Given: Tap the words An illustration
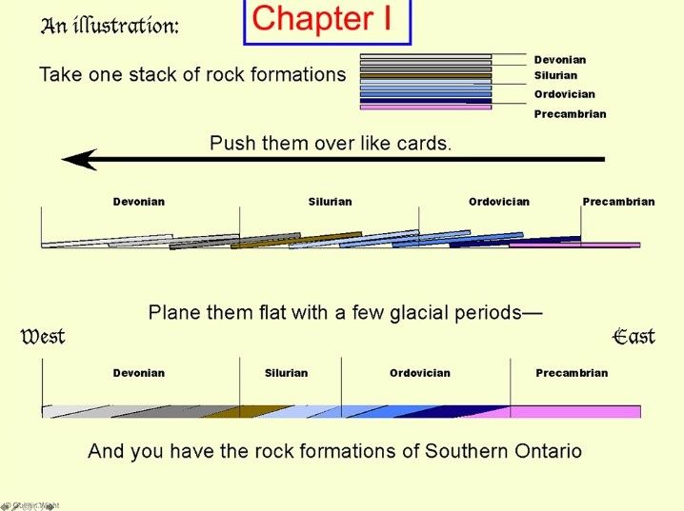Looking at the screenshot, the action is (x=109, y=26).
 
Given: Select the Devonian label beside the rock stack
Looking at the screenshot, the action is (x=560, y=60).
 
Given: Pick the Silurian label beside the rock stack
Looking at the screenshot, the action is (x=555, y=75).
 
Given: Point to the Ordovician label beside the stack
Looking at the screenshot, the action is (x=564, y=94).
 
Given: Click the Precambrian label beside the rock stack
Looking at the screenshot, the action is (x=570, y=114).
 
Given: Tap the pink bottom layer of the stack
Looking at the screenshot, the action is (x=425, y=108).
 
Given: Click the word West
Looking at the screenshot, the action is (x=43, y=337).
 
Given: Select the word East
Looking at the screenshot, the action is (x=634, y=337).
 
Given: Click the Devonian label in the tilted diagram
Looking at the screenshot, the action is (x=139, y=202).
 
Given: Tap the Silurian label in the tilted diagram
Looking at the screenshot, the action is (x=330, y=202).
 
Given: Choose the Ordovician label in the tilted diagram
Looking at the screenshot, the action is (x=498, y=202).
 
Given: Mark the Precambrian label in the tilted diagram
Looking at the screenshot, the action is (x=618, y=202).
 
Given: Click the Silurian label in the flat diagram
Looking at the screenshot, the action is (x=286, y=373).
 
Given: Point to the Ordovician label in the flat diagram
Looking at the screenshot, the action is (x=419, y=373).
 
